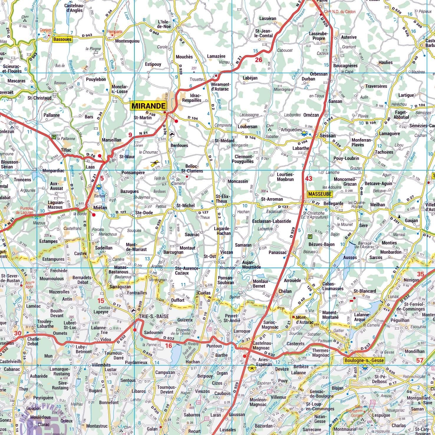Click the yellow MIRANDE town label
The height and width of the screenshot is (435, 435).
pos(148,106)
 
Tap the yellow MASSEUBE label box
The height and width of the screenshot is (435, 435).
pos(320,194)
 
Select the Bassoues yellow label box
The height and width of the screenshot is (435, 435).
pos(62,39)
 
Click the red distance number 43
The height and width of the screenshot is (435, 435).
pos(309,179)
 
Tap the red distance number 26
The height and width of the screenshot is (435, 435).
pos(258,60)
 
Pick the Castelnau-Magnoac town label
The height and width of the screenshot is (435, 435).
pos(263,346)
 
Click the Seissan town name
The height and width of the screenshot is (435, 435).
pos(328,136)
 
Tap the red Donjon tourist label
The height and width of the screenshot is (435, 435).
pos(45,30)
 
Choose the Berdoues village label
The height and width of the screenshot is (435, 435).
pos(179,145)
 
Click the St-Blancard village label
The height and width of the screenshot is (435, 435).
pos(365,291)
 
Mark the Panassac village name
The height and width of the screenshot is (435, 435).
pos(278,253)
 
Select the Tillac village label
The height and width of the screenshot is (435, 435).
pos(66,150)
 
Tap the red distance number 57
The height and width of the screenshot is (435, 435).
pos(420,360)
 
